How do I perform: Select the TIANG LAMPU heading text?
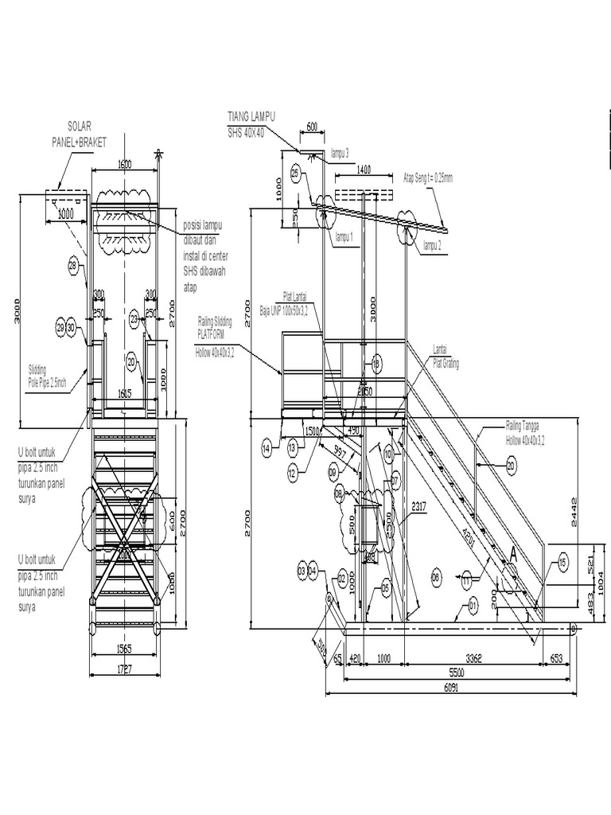251,116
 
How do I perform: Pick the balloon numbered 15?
563,563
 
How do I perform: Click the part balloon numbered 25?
296,173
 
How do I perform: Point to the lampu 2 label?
433,245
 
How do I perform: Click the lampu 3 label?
340,152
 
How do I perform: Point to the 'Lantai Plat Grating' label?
446,357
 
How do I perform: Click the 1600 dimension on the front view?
125,164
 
